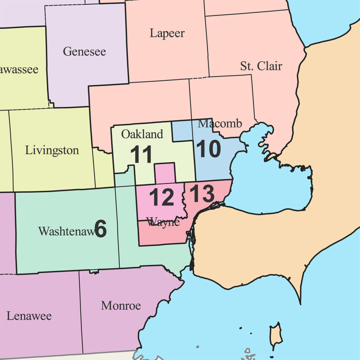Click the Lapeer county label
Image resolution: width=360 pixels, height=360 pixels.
pyautogui.click(x=167, y=33)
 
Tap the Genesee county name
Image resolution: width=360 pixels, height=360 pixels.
pyautogui.click(x=84, y=52)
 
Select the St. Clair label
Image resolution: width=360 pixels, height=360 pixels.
pyautogui.click(x=261, y=66)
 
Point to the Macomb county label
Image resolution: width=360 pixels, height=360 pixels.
pyautogui.click(x=220, y=123)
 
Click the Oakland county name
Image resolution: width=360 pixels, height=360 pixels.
pyautogui.click(x=142, y=134)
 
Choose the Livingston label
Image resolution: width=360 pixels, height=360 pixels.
pyautogui.click(x=52, y=150)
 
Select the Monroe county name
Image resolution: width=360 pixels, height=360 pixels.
pyautogui.click(x=121, y=306)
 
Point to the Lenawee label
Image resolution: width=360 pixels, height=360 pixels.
pyautogui.click(x=29, y=316)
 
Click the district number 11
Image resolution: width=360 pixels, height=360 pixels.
pyautogui.click(x=141, y=155)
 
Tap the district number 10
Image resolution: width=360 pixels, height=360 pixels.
pyautogui.click(x=208, y=149)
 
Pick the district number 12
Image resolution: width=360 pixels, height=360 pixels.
pyautogui.click(x=162, y=198)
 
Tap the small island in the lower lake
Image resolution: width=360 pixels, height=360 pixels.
pyautogui.click(x=276, y=334)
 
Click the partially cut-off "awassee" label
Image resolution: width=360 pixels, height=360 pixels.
pyautogui.click(x=19, y=69)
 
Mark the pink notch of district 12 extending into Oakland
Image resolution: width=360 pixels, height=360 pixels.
pyautogui.click(x=165, y=173)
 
